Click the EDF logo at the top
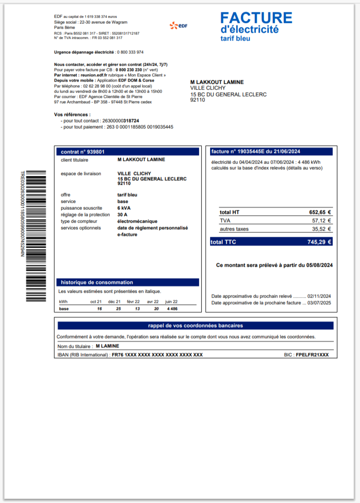coord(178,26)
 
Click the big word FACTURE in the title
coord(256,18)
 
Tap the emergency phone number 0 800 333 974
coord(130,52)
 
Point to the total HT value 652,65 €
coord(320,212)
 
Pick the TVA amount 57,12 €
coord(322,220)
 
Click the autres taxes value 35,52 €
coord(322,229)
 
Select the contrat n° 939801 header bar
coord(127,152)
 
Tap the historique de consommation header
coord(127,282)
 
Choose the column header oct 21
coord(96,302)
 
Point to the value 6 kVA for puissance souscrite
coord(124,208)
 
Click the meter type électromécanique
coord(137,221)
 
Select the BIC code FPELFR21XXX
coord(312,355)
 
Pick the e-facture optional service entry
coord(127,235)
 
